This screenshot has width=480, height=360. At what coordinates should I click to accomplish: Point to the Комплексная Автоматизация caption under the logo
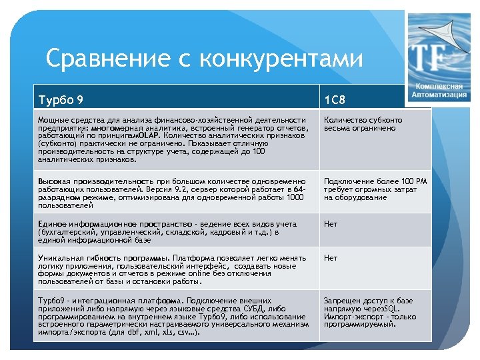pyautogui.click(x=441, y=91)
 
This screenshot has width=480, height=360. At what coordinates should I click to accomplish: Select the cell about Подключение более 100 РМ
pyautogui.click(x=375, y=189)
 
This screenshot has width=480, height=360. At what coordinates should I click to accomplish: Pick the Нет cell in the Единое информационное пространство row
pyautogui.click(x=330, y=224)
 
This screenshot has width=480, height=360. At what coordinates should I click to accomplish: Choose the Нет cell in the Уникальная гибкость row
pyautogui.click(x=330, y=257)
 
